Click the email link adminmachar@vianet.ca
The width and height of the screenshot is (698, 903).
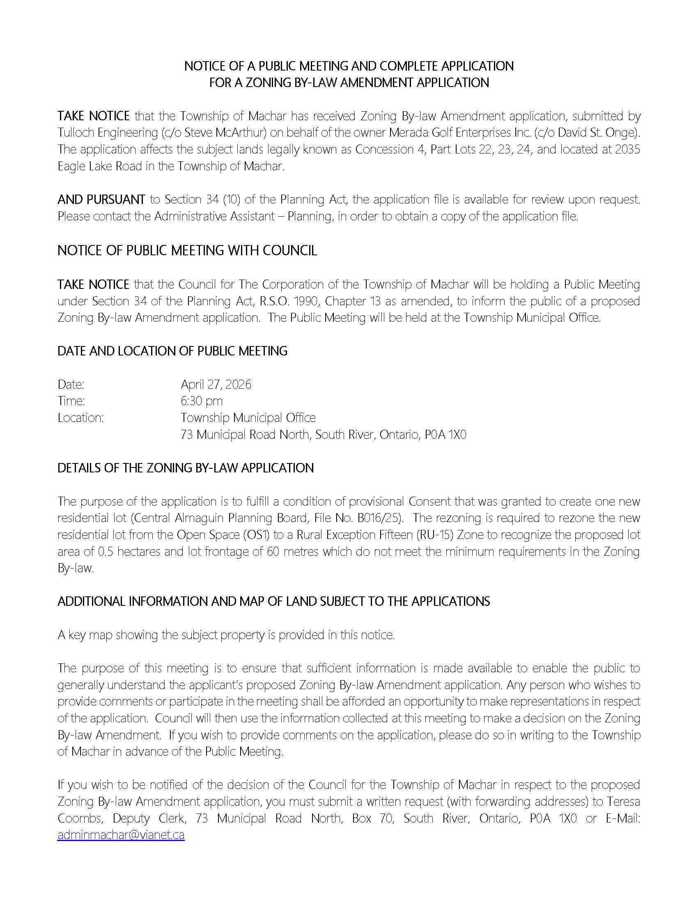tap(121, 835)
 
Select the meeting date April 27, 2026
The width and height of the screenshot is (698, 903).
tap(216, 385)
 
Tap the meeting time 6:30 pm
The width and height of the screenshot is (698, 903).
tap(201, 401)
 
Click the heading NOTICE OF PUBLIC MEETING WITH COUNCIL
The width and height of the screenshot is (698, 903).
tap(187, 250)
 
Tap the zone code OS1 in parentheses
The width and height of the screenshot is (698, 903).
tap(257, 535)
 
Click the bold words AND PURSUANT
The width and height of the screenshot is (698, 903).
tap(101, 200)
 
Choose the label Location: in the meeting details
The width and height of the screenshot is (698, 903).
tap(80, 418)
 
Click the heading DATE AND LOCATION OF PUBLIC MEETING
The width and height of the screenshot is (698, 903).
tap(172, 351)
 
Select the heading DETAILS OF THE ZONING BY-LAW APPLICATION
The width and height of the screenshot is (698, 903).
tap(186, 468)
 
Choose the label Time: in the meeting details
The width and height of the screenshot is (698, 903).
tap(71, 401)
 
